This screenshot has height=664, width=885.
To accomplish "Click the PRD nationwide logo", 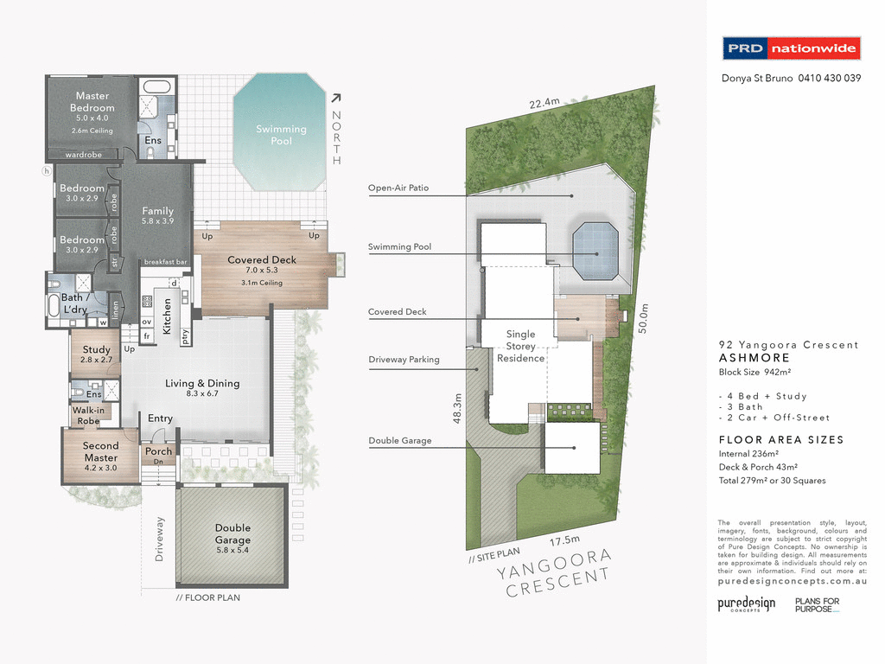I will (x=791, y=48).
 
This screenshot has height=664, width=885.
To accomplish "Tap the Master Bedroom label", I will (x=92, y=102).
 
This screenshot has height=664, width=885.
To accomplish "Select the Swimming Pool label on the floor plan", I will (x=281, y=135).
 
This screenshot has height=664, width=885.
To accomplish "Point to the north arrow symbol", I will (x=337, y=99).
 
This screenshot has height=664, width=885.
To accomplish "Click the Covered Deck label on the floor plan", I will (x=262, y=259).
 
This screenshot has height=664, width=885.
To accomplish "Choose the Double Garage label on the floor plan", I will (x=232, y=533).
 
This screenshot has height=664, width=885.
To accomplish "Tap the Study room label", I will (x=97, y=350).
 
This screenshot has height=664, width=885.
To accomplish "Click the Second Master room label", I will (x=100, y=451).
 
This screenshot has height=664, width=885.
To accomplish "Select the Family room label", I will (x=158, y=211).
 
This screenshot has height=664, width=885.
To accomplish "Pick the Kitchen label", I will (x=168, y=316).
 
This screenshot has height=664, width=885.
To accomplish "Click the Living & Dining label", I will (x=202, y=383).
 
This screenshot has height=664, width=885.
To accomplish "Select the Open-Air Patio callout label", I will (x=398, y=188).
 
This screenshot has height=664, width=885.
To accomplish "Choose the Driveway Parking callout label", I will (x=404, y=359).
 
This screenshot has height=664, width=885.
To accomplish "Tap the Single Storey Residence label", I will (x=520, y=346).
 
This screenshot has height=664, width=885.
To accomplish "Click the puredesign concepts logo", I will (x=746, y=604).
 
